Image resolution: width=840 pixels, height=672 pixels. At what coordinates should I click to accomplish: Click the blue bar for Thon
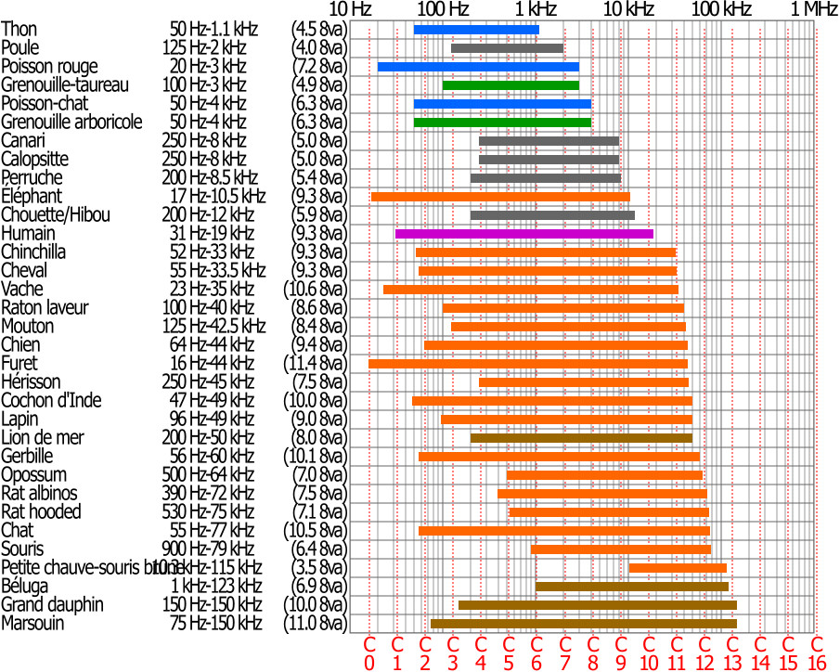(476, 30)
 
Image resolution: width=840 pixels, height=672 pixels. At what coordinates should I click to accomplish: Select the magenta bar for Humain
(524, 234)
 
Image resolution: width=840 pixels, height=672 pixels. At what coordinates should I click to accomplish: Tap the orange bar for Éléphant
(500, 197)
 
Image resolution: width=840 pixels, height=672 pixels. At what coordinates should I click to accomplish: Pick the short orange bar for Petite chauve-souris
(678, 568)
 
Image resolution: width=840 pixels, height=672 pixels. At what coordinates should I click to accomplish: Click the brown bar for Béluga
(632, 587)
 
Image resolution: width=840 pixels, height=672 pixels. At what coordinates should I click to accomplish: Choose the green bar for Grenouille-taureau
(510, 85)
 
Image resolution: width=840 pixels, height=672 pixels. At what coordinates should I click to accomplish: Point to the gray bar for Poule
(507, 48)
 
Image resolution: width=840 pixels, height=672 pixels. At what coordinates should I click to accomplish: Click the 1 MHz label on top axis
(814, 9)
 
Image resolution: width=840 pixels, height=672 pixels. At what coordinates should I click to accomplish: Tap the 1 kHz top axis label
(536, 9)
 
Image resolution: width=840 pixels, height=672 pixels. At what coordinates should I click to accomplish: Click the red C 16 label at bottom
(816, 653)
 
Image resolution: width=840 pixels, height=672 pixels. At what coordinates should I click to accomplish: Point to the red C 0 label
(368, 653)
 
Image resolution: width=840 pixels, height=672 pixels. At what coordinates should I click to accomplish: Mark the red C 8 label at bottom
(592, 653)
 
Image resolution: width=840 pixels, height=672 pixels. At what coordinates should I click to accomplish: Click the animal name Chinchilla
(33, 252)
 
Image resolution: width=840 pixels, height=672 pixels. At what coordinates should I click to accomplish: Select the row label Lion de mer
(40, 438)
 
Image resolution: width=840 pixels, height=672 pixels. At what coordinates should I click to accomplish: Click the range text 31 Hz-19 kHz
(213, 234)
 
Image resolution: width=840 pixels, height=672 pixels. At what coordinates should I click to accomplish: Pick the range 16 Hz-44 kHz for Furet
(213, 364)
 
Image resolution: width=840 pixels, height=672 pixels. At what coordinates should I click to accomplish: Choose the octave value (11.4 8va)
(315, 364)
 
